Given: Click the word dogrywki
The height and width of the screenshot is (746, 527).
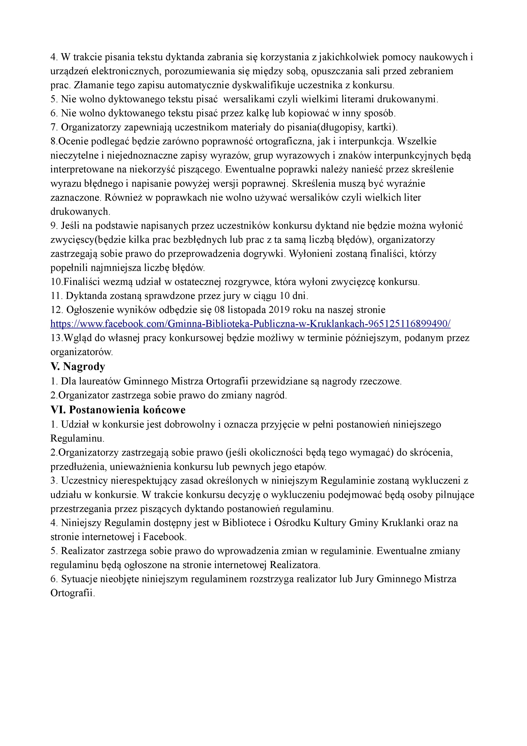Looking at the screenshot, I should point(263,254).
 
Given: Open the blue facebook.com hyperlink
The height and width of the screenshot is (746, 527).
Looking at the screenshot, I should point(250,324).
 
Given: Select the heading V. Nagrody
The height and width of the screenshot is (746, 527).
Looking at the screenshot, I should point(78,367).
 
